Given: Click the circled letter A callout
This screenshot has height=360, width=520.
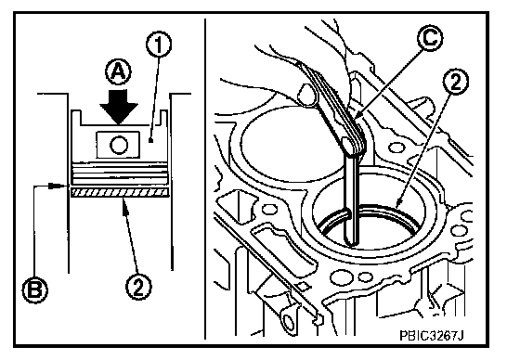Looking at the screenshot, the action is tap(119, 72).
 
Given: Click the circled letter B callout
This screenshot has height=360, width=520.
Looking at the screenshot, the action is tap(35, 290).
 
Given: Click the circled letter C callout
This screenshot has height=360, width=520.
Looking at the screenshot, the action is tap(429, 38).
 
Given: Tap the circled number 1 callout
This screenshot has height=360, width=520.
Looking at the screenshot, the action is tap(159, 45).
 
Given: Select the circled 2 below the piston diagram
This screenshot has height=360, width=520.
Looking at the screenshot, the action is tap(138, 287).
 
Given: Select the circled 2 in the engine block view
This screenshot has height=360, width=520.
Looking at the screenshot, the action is tap(456, 82).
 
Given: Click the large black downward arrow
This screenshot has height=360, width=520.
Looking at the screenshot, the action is tap(119, 107).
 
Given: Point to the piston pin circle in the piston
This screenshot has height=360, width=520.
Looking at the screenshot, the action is tap(118, 145).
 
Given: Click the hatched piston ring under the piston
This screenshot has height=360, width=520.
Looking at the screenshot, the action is tap(120, 192).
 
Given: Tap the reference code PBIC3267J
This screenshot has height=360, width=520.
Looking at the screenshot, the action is tap(431, 336).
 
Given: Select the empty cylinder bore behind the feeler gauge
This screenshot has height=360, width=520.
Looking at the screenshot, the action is tap(285, 143).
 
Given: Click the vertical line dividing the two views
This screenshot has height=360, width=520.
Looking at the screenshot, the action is tap(205, 179).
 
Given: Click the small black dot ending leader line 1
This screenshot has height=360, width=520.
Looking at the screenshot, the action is tap(150, 141).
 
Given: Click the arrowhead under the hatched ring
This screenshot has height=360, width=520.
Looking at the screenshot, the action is tap(124, 205).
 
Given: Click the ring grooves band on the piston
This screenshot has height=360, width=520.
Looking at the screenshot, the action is tap(120, 173).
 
